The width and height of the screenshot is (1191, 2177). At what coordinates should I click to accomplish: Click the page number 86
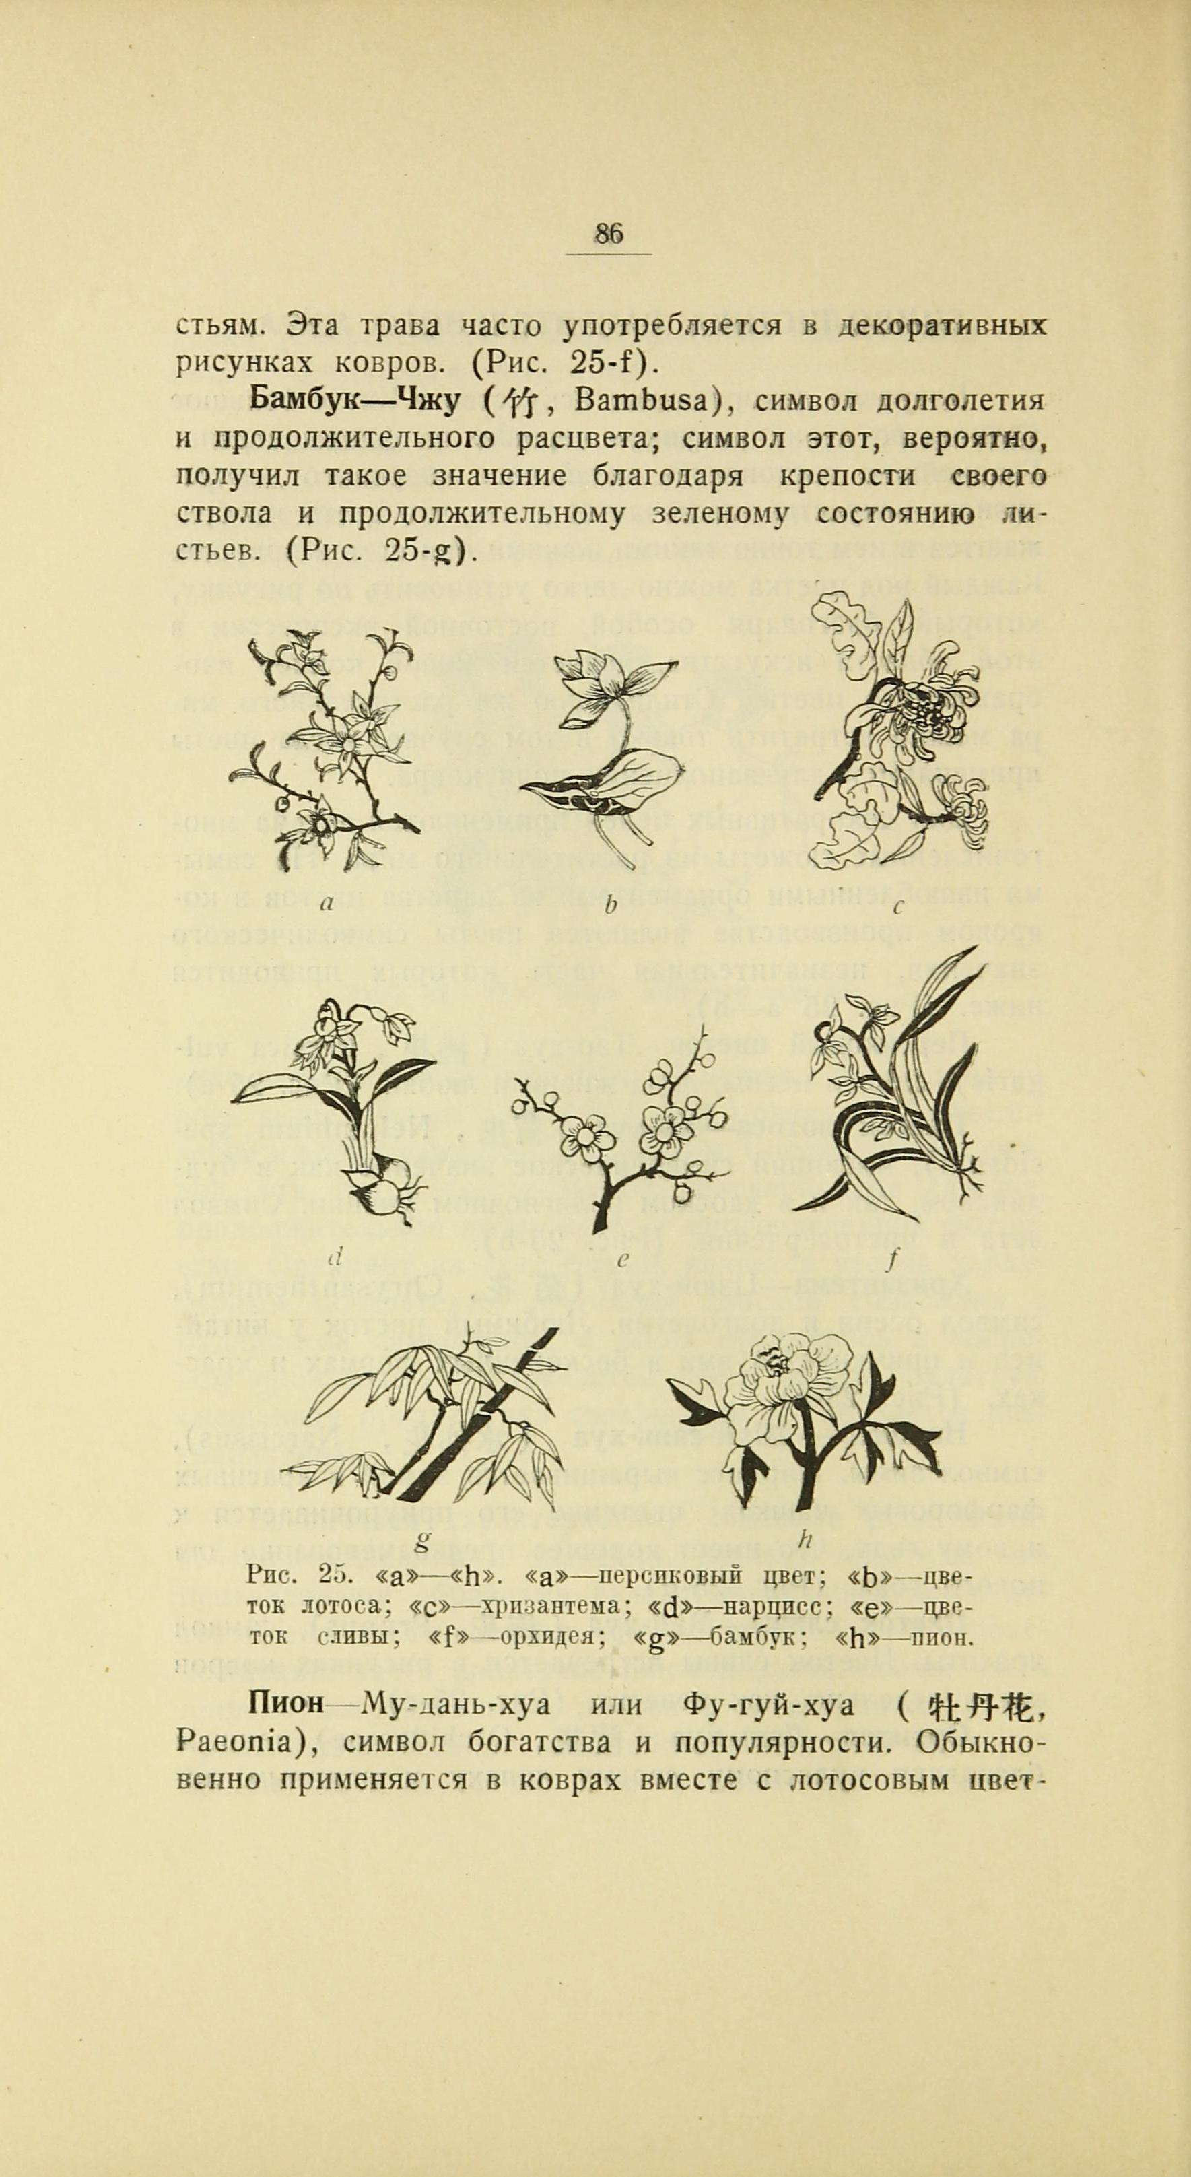pyautogui.click(x=608, y=233)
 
